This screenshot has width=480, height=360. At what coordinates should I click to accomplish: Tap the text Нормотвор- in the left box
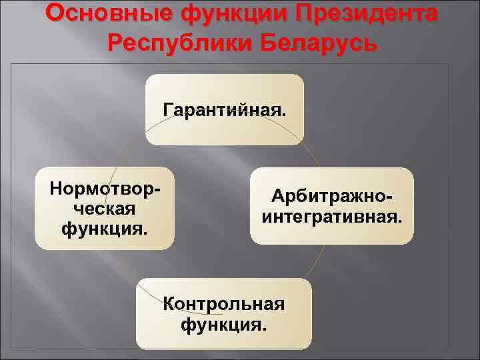tap(105, 189)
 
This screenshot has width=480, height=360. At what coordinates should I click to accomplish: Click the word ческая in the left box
tap(105, 209)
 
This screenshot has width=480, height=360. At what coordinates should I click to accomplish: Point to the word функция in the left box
tap(105, 229)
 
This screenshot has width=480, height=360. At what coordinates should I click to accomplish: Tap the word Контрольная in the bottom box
tap(224, 305)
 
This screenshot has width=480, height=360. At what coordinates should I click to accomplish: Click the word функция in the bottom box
tap(224, 325)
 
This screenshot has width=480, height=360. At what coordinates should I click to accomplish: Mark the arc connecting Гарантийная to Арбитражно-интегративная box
tap(313, 153)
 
